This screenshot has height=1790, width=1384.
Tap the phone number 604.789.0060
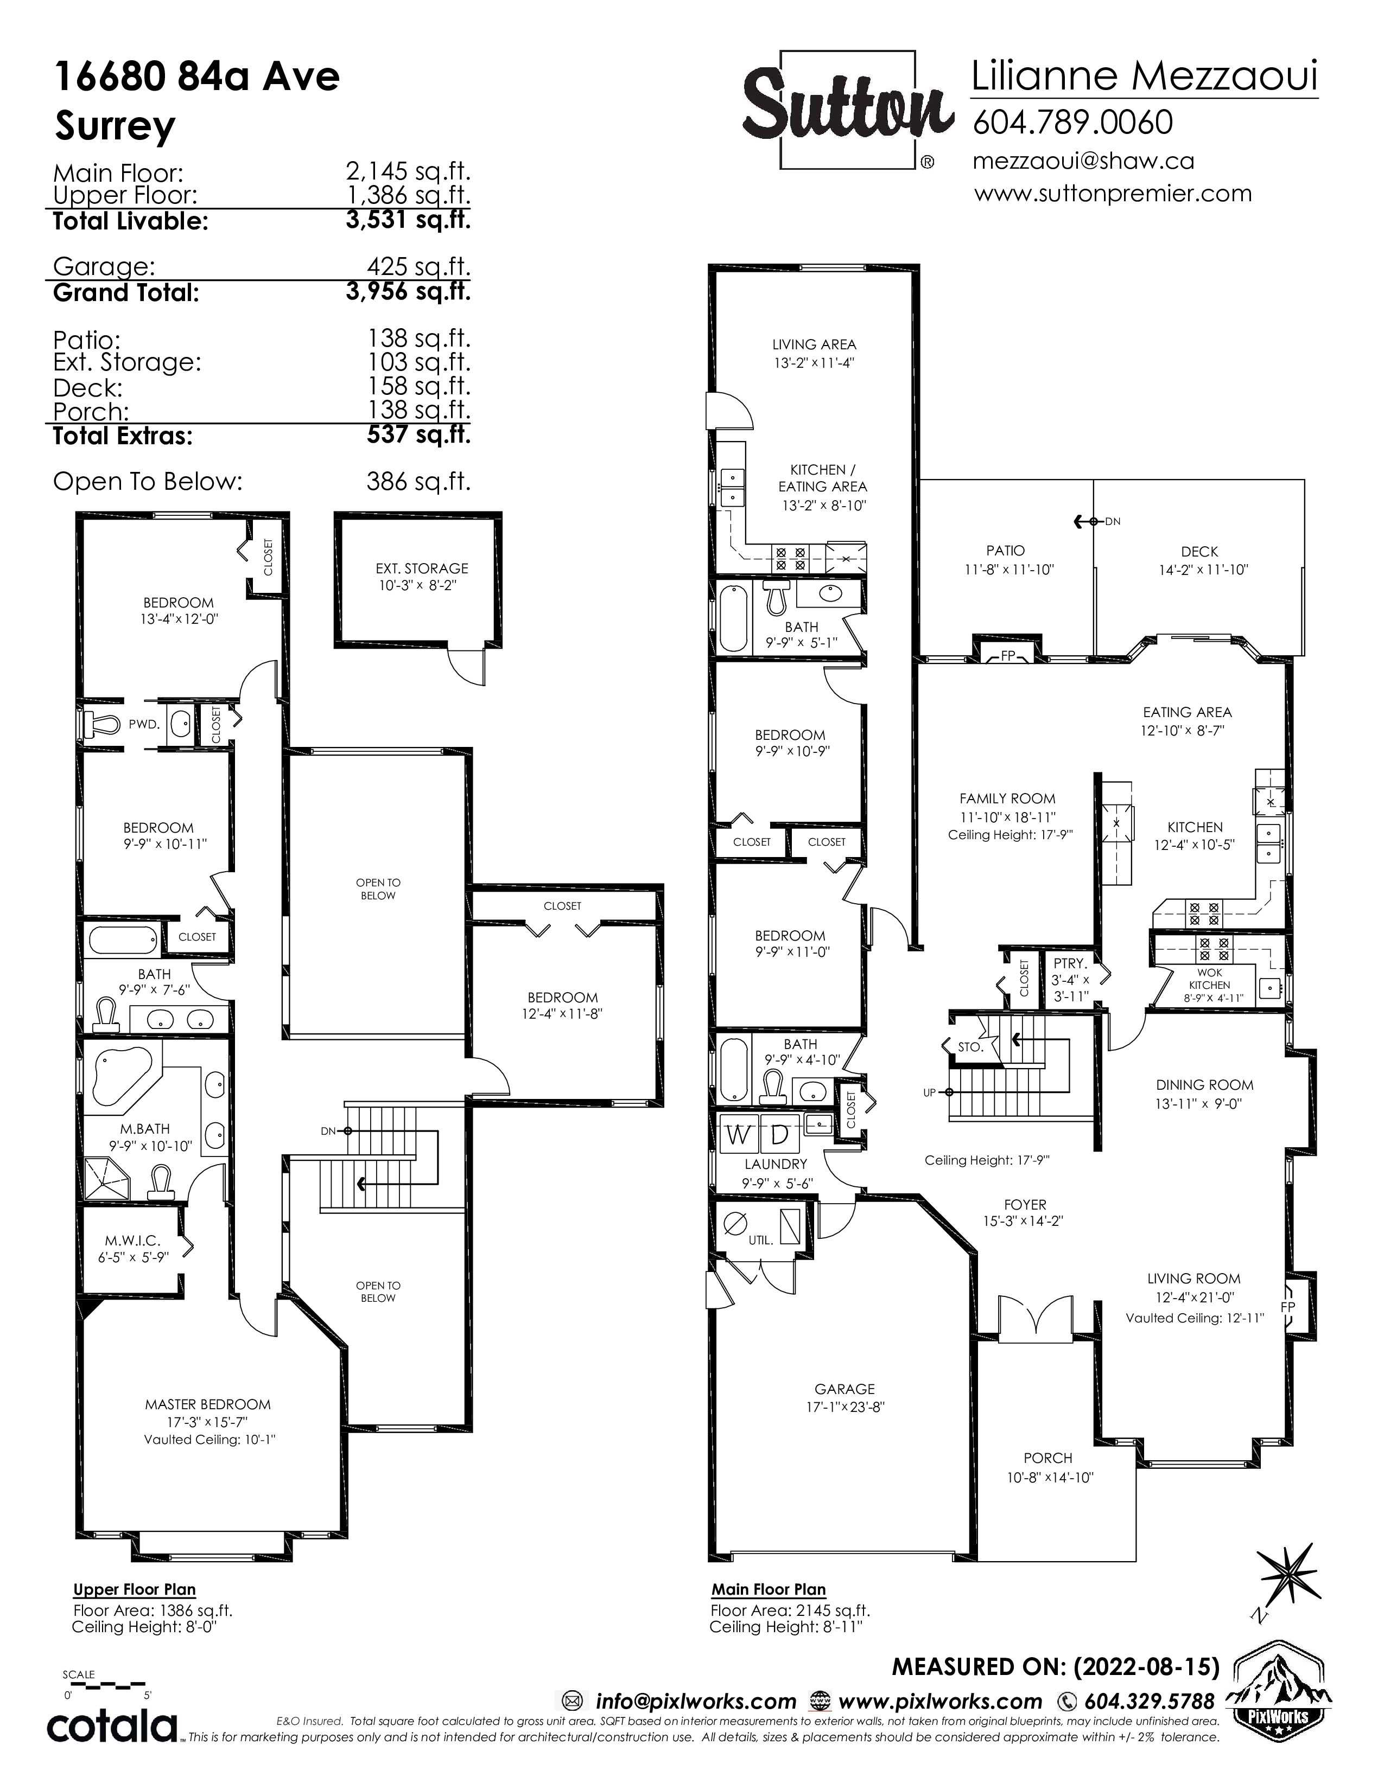pyautogui.click(x=1072, y=122)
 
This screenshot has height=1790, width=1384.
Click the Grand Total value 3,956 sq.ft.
pyautogui.click(x=408, y=291)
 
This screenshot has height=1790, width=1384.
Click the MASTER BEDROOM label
pyautogui.click(x=208, y=1404)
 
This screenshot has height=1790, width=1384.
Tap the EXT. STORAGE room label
pyautogui.click(x=422, y=568)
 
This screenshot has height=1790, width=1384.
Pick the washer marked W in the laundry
pyautogui.click(x=738, y=1135)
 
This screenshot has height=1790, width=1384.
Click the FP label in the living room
pyautogui.click(x=1288, y=1307)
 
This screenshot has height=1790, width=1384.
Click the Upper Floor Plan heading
pyautogui.click(x=135, y=1590)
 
